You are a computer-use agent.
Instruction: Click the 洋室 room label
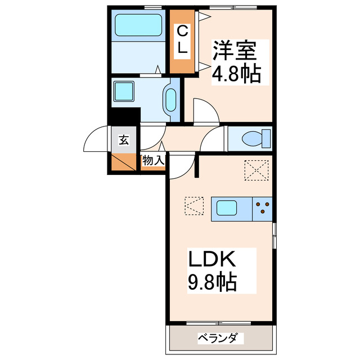point(235,51)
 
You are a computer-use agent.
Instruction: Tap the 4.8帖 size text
point(236,75)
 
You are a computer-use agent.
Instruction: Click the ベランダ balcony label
point(220,338)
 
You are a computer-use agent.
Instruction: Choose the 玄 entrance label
point(124,140)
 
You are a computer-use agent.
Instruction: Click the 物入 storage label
point(152,161)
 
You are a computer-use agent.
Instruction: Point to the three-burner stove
point(263,209)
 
